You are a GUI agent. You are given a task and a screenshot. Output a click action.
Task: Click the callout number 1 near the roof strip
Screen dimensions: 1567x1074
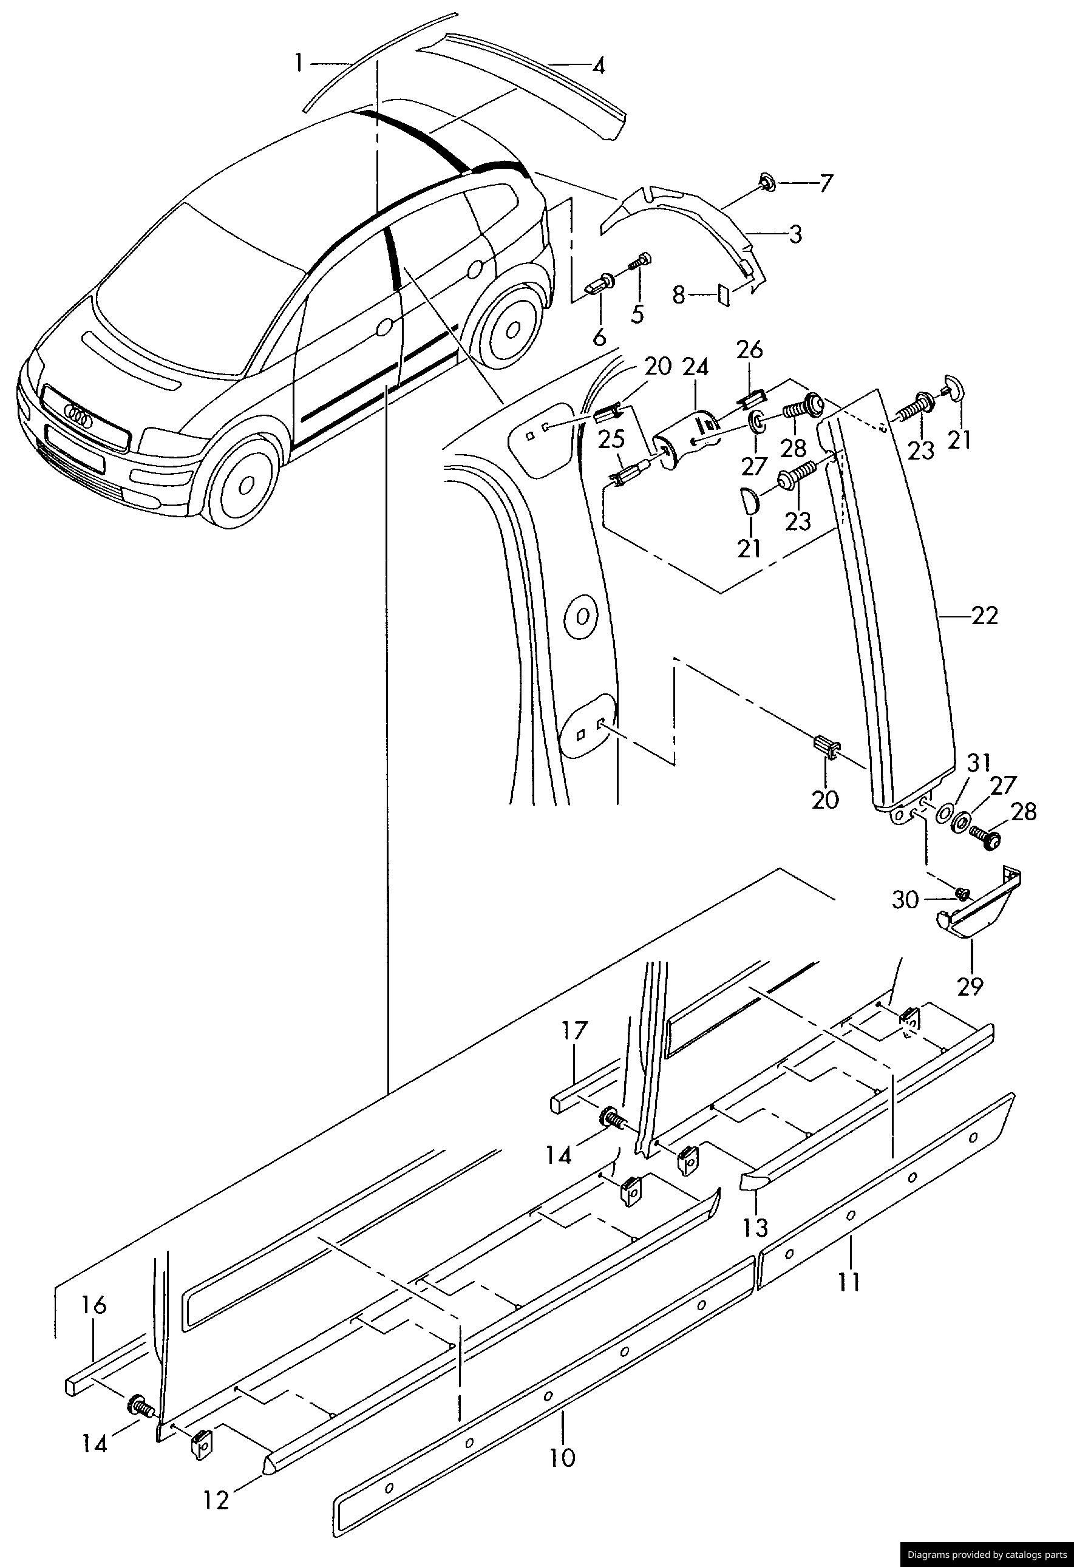click(298, 64)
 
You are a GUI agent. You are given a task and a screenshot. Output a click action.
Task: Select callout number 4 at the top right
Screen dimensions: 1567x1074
click(599, 66)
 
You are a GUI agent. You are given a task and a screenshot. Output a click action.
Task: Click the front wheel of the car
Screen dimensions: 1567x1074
click(245, 483)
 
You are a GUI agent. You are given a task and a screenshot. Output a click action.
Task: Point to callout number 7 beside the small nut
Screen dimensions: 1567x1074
click(826, 183)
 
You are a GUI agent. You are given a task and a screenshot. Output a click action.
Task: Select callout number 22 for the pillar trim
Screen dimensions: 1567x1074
click(984, 616)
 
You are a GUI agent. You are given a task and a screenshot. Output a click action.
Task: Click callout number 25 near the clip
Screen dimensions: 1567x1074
click(611, 440)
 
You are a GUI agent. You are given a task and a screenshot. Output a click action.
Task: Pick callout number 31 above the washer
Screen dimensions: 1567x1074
click(979, 763)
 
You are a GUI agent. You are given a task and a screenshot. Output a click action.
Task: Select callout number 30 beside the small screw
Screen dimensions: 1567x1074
click(906, 900)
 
